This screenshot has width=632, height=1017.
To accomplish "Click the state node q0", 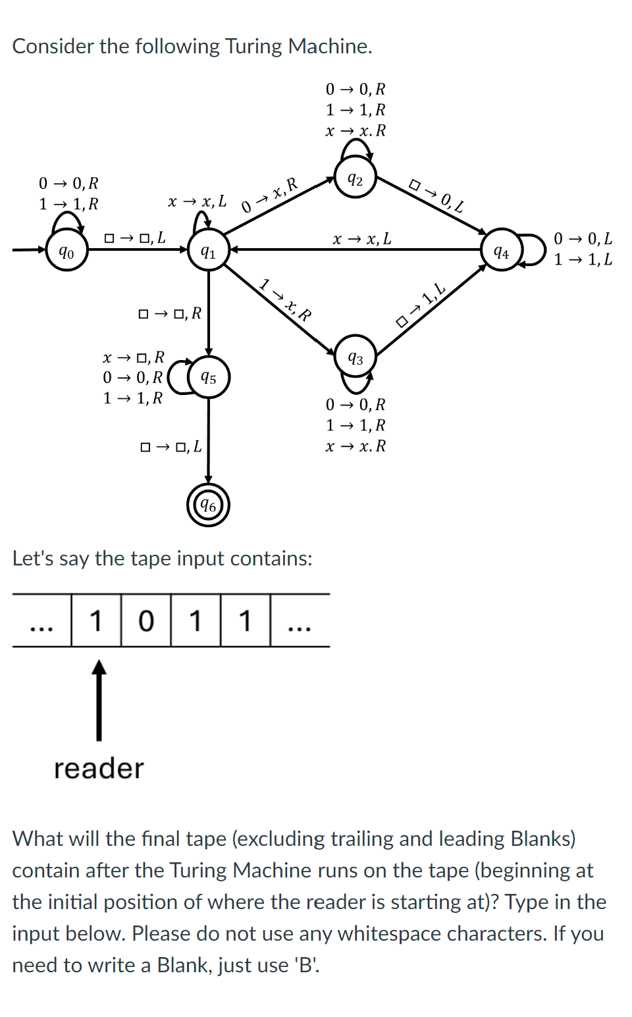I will click(x=66, y=250).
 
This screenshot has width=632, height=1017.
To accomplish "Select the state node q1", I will click(x=208, y=251).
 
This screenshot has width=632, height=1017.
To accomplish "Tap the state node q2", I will click(x=355, y=178).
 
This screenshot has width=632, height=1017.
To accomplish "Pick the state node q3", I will click(x=355, y=357).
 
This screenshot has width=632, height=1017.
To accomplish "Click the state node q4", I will click(x=502, y=251).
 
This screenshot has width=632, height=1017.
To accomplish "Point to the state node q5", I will click(x=209, y=377).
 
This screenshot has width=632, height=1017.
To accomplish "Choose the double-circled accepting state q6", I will click(x=208, y=505).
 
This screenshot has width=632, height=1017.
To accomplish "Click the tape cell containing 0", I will click(x=145, y=620).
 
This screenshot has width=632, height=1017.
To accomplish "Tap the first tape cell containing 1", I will click(x=96, y=620).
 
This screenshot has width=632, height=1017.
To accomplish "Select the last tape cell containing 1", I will click(x=245, y=620).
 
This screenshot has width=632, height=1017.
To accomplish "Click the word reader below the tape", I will click(x=99, y=768).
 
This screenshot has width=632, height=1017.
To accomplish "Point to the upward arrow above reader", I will click(x=99, y=699).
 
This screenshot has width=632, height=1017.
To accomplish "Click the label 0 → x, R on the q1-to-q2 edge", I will click(x=270, y=196).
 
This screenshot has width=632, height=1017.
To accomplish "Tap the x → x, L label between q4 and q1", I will click(x=361, y=238).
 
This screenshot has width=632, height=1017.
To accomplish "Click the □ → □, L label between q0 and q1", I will click(x=135, y=238).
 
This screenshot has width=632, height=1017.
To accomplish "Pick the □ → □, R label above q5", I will click(x=170, y=313).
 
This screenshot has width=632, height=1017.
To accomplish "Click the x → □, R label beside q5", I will click(x=134, y=357).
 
